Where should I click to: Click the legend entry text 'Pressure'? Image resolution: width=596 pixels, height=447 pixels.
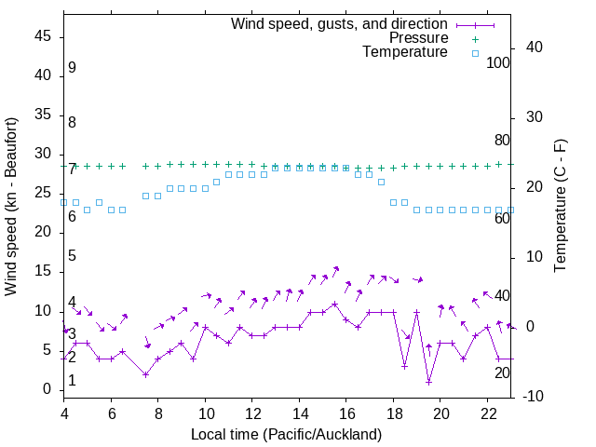click(418, 38)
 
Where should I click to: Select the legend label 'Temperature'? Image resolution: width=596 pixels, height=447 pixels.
click(405, 52)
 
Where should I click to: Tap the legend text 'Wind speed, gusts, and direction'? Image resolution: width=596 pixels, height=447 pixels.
click(339, 23)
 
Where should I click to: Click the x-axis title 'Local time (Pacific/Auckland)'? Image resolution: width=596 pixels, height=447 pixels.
click(286, 434)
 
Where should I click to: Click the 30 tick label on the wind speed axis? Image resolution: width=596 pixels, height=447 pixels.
click(43, 156)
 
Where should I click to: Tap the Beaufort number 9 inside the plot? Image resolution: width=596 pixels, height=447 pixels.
click(72, 68)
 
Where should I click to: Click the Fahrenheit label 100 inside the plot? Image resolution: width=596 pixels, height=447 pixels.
click(498, 62)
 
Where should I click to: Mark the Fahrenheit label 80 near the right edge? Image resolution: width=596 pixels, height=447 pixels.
click(502, 140)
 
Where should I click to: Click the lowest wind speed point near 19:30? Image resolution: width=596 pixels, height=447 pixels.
click(428, 382)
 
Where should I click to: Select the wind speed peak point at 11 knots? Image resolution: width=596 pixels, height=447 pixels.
click(334, 304)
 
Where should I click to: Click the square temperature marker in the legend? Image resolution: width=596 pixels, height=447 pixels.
click(474, 53)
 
